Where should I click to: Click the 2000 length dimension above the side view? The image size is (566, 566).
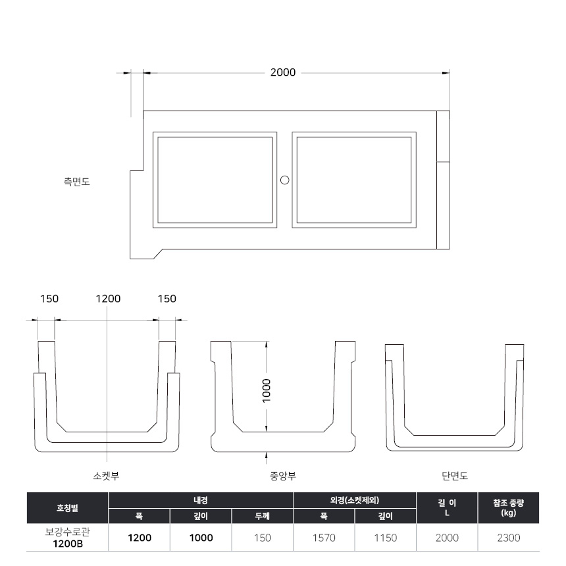pos(283,72)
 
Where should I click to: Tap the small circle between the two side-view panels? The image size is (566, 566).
pos(285,180)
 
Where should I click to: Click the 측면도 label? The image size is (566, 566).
pos(76,181)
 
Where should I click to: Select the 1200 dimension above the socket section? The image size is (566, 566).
pos(108,299)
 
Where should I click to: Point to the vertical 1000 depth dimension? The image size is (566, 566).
pos(266,391)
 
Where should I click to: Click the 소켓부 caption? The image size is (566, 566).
pos(106,476)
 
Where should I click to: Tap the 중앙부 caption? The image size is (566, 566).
pos(283,476)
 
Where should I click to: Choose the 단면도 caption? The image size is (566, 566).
pos(455,476)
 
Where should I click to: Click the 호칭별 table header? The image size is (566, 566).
pos(67,508)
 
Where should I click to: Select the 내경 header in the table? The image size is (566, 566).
pos(201,500)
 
